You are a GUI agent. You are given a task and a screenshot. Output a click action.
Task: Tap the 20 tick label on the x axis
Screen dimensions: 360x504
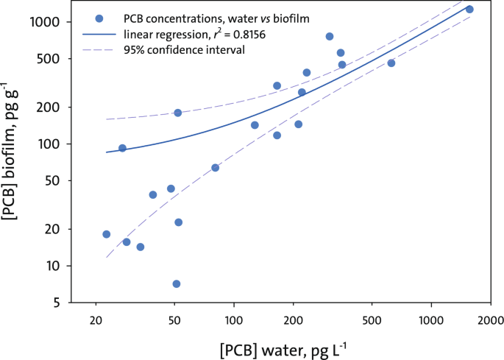(96, 321)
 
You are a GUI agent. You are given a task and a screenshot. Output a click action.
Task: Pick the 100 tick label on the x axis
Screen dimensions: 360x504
(233, 321)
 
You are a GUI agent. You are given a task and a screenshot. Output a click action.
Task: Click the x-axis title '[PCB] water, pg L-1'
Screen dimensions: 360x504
(277, 347)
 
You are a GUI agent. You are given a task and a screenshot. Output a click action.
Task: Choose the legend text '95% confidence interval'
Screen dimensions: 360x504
(184, 50)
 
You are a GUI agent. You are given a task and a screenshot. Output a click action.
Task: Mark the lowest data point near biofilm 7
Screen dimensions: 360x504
(177, 283)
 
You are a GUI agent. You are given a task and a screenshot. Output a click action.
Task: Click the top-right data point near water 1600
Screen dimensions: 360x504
(469, 10)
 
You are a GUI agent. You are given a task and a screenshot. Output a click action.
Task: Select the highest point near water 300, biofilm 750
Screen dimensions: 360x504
(330, 36)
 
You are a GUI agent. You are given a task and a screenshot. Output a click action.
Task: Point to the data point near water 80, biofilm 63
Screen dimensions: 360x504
(216, 168)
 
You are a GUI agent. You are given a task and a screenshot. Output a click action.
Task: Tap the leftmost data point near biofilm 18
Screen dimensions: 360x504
(107, 234)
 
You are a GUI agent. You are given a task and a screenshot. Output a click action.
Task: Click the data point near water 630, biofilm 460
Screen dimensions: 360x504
(391, 63)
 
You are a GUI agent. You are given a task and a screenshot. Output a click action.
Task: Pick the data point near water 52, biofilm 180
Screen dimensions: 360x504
(178, 113)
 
